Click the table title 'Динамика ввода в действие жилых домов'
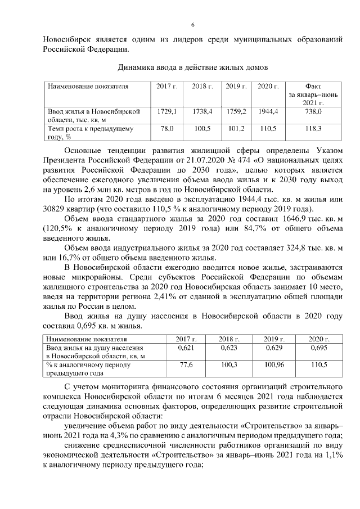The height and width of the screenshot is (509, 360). click(192, 67)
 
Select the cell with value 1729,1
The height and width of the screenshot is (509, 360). click(167, 112)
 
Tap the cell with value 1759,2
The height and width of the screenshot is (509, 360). click(236, 112)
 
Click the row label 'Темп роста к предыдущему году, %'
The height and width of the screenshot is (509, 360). click(91, 132)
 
